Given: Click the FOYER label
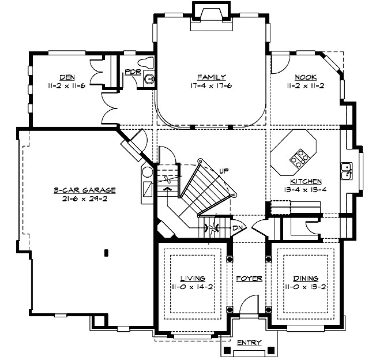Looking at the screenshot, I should tap(249, 279).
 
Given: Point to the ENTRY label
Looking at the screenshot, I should tap(249, 343).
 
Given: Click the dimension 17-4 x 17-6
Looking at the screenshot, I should tap(210, 85).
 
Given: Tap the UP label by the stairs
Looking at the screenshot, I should tap(224, 171).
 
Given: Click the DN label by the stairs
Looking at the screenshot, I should tap(236, 228).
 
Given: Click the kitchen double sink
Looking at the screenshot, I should tap(347, 171).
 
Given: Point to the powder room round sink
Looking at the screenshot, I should tap(149, 79).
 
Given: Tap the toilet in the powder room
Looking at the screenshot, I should tap(147, 62).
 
